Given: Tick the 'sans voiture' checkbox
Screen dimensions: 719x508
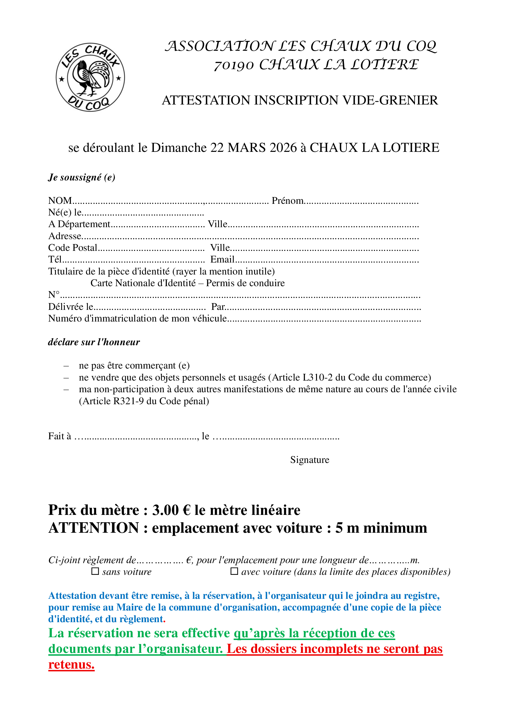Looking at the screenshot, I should [95, 571].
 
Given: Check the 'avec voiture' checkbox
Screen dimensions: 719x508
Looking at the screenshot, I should [234, 571].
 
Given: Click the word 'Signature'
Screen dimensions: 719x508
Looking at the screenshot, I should [309, 460].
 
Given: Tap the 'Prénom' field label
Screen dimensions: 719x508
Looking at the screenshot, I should [287, 200].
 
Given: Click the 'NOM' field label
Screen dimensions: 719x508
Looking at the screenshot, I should [60, 200].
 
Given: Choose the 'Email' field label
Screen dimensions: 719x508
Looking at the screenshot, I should [222, 259].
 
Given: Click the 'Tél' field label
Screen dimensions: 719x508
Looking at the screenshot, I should [54, 259].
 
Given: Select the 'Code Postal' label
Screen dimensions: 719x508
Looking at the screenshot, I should [72, 248].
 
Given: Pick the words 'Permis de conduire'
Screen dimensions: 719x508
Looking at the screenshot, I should [245, 283].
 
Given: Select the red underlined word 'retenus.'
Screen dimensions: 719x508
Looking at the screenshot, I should [71, 665].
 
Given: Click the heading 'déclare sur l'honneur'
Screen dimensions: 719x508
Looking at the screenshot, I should [94, 342].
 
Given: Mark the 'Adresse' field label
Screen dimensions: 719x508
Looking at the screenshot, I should [65, 236].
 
